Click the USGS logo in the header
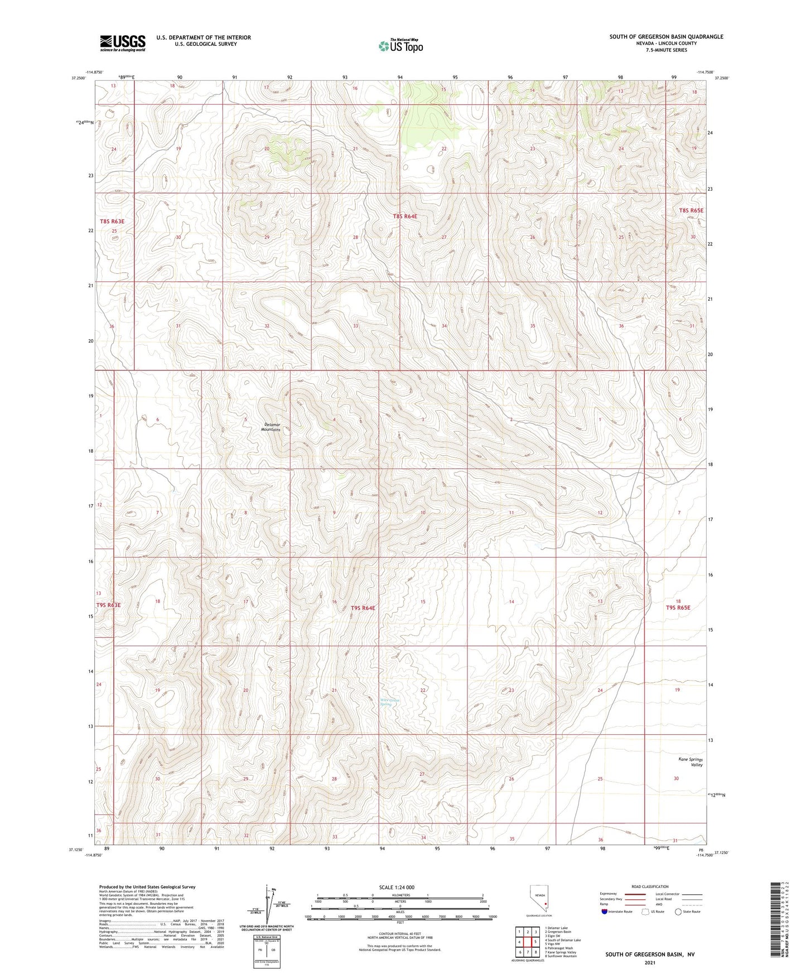pyautogui.click(x=122, y=43)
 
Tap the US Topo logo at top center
pyautogui.click(x=400, y=46)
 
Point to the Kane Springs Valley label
pyautogui.click(x=691, y=762)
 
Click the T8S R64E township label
pyautogui.click(x=404, y=216)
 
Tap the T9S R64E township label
pyautogui.click(x=363, y=607)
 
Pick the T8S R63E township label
pyautogui.click(x=112, y=221)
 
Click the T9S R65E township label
pyautogui.click(x=678, y=607)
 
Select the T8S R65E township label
pyautogui.click(x=691, y=210)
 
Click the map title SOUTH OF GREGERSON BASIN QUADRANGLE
pyautogui.click(x=666, y=37)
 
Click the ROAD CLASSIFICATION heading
pyautogui.click(x=650, y=886)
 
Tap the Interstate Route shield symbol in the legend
pyautogui.click(x=605, y=912)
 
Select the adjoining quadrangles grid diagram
pyautogui.click(x=527, y=941)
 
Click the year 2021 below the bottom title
pyautogui.click(x=650, y=962)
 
